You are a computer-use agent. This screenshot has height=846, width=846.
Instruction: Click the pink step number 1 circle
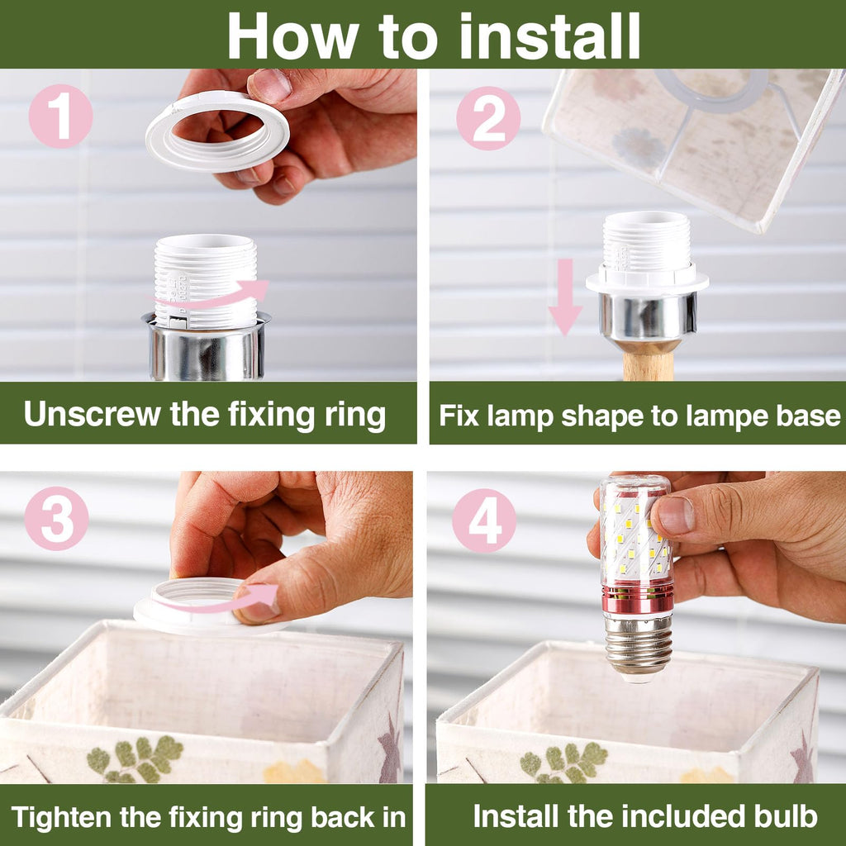60,116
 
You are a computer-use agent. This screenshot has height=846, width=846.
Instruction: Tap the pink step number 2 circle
488,118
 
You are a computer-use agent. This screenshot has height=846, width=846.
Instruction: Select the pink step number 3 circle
57,519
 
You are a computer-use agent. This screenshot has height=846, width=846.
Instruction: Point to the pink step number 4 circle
484,520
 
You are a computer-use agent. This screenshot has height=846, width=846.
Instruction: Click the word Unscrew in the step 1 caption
93,415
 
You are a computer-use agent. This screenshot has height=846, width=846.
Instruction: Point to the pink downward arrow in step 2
565,297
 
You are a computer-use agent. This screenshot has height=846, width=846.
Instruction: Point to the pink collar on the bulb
638,596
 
